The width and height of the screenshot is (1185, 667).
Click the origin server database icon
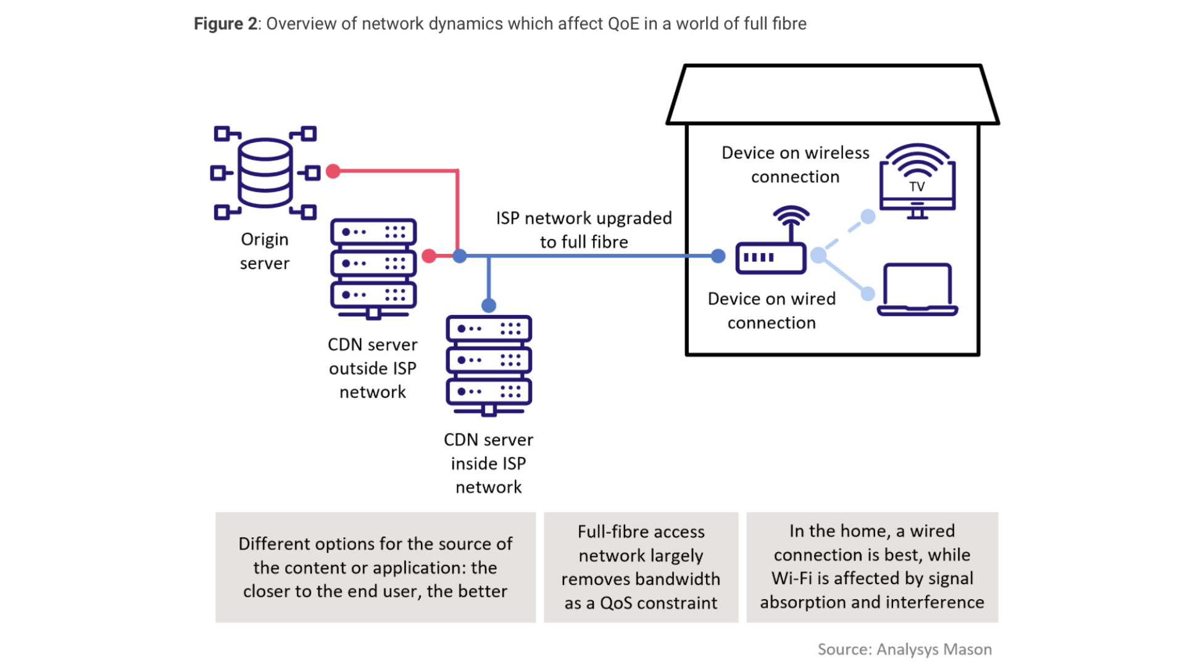(265, 172)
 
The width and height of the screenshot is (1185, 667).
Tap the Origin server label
(264, 251)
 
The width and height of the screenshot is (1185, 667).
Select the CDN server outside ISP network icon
(373, 267)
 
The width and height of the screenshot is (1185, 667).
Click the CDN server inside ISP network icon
(489, 364)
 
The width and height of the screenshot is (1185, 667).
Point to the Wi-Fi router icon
(771, 243)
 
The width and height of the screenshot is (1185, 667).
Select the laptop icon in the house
(917, 290)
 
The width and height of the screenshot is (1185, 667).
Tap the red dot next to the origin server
(333, 171)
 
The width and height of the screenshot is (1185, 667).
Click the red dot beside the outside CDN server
(429, 256)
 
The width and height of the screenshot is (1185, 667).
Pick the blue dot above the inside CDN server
(489, 305)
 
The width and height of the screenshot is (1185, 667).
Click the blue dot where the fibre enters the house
(718, 256)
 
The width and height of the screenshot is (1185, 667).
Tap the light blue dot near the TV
(868, 217)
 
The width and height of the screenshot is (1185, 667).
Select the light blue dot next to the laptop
(868, 294)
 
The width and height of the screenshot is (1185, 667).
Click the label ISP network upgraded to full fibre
(584, 230)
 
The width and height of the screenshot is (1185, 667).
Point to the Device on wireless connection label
(795, 164)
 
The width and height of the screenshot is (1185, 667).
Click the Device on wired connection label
(771, 311)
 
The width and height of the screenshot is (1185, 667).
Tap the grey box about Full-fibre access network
(641, 567)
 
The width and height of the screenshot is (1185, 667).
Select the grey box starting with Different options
(375, 567)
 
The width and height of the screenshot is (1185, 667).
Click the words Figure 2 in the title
(225, 23)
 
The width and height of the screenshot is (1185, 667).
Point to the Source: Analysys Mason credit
(904, 649)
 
